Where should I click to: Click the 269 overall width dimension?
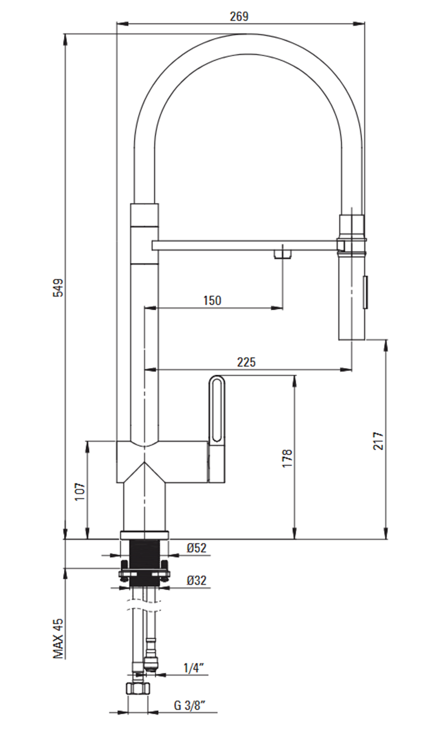click(x=239, y=17)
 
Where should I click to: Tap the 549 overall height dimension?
click(x=59, y=287)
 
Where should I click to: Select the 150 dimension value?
click(x=212, y=300)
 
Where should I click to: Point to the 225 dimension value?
click(x=246, y=362)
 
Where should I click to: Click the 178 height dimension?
click(x=288, y=459)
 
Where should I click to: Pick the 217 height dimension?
click(x=379, y=441)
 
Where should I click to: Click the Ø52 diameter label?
click(x=197, y=548)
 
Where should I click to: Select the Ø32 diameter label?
click(x=197, y=580)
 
